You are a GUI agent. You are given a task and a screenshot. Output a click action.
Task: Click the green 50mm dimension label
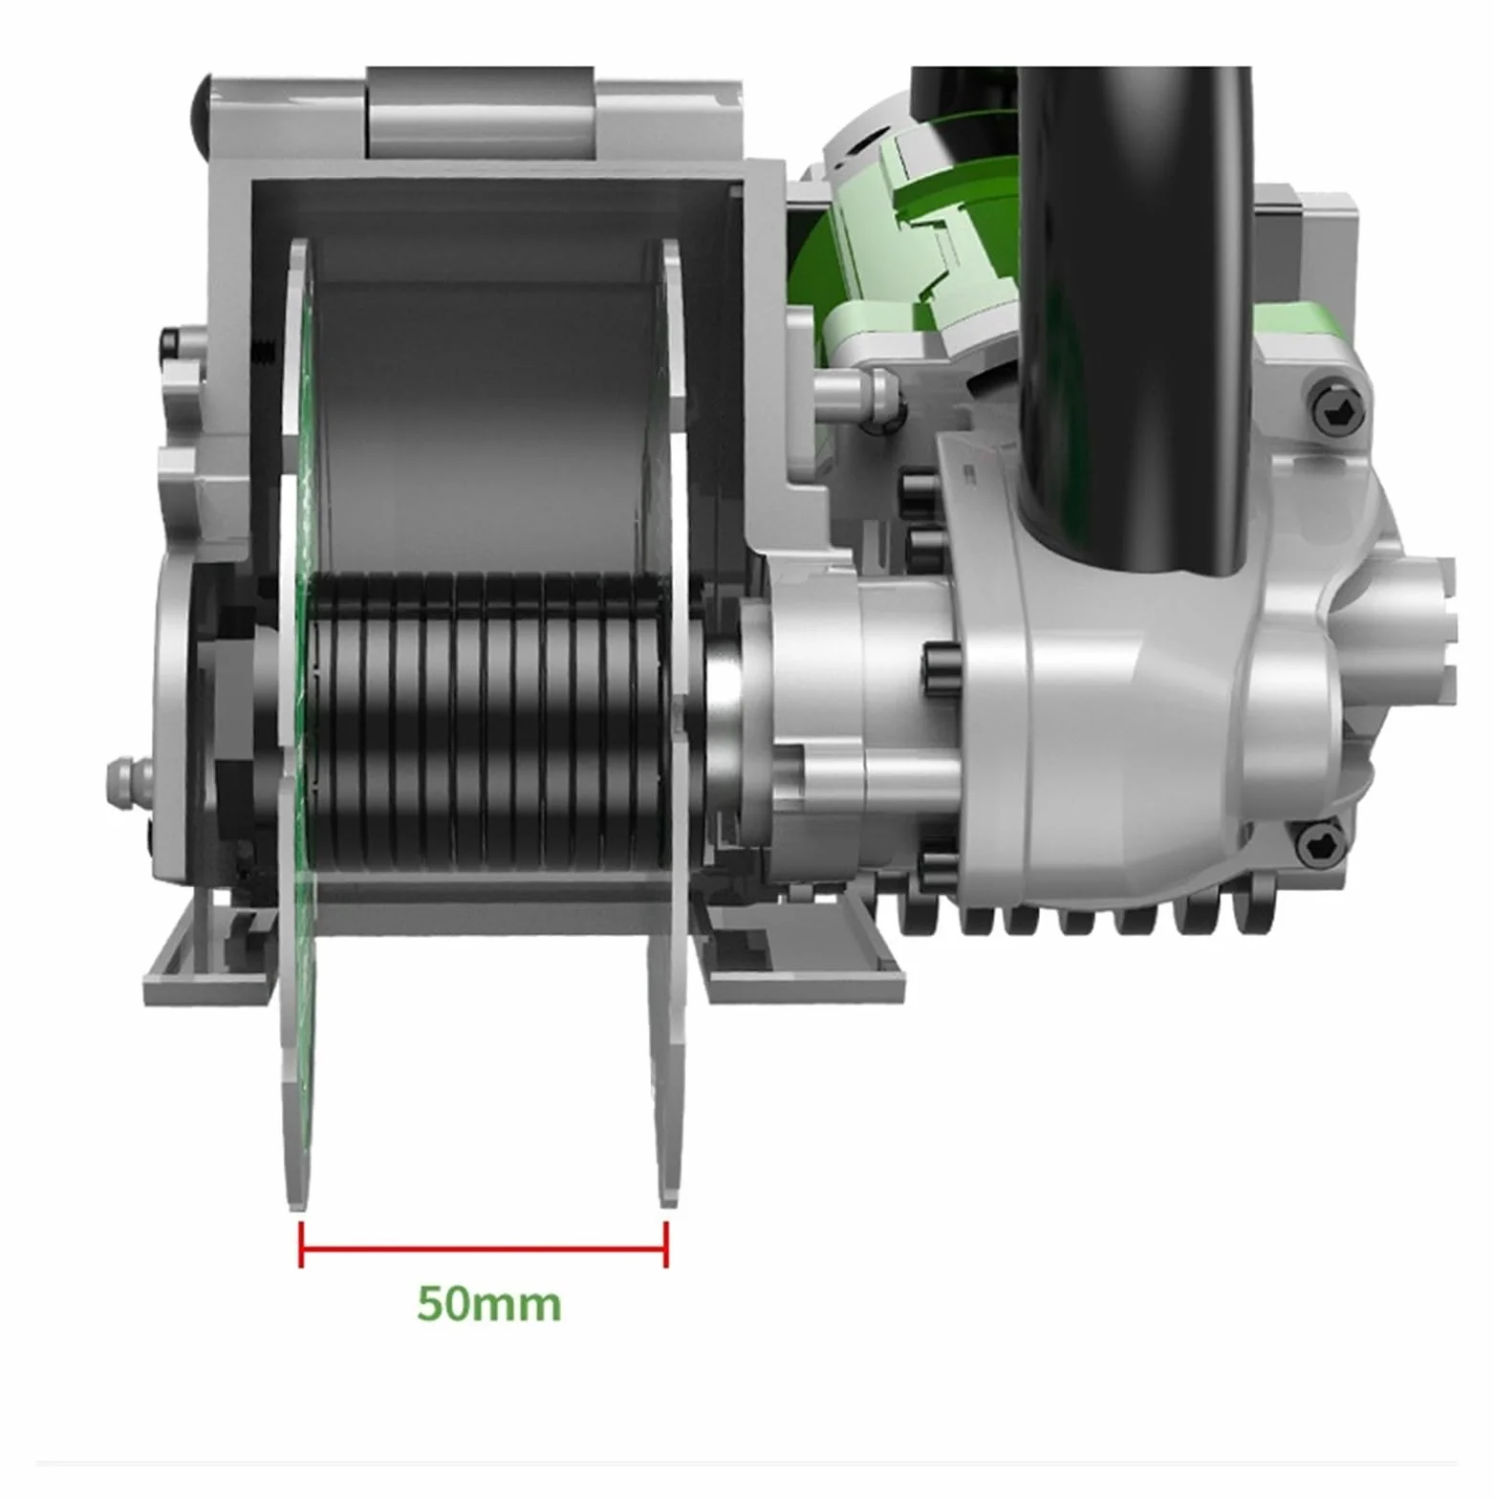(x=488, y=1303)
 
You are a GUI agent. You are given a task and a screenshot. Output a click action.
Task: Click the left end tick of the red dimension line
(x=301, y=1245)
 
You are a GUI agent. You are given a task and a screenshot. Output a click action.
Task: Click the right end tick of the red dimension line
(x=666, y=1245)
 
